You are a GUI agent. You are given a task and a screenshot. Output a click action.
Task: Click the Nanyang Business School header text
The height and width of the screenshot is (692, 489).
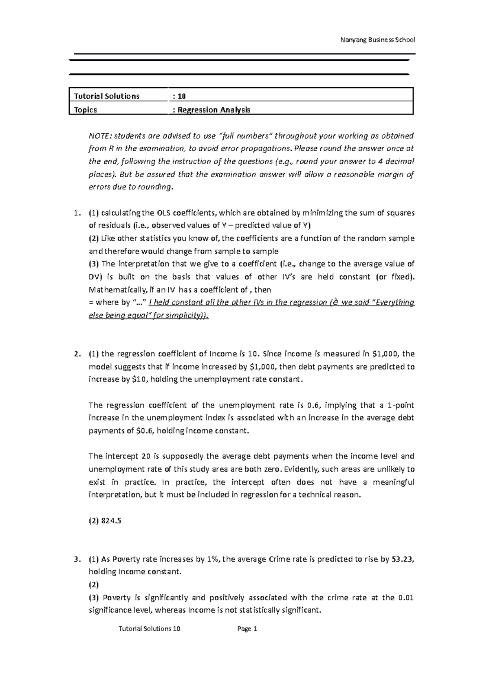(x=377, y=40)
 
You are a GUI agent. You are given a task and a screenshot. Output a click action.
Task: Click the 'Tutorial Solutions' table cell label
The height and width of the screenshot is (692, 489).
(x=106, y=96)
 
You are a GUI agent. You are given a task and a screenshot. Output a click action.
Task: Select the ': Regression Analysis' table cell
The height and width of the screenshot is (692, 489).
(x=211, y=110)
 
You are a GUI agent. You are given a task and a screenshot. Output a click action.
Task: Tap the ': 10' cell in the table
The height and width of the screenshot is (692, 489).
(x=179, y=96)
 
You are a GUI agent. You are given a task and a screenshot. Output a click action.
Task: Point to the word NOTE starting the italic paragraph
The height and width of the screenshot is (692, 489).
(x=97, y=136)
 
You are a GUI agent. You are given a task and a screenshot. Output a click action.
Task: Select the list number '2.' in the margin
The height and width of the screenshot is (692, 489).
(x=75, y=354)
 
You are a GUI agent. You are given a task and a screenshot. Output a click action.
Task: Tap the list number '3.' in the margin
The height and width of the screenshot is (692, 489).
(x=75, y=559)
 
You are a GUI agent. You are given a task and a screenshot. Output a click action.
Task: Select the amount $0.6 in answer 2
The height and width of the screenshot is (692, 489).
(x=143, y=431)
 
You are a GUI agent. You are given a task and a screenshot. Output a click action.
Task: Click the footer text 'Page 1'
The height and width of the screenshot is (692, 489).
(x=247, y=629)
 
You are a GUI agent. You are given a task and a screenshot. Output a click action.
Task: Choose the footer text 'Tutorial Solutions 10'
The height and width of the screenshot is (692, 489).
(x=149, y=629)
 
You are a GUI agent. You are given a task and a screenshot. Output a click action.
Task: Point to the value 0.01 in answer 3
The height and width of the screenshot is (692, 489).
(x=406, y=598)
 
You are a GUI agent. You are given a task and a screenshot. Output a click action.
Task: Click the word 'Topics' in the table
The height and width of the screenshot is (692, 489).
(x=86, y=110)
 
